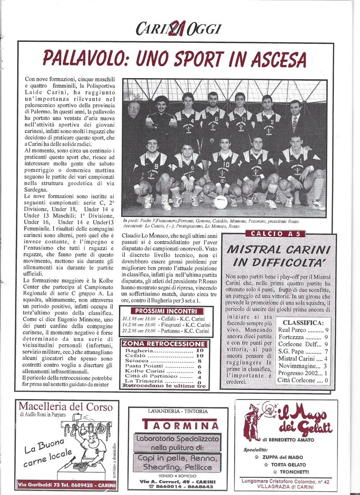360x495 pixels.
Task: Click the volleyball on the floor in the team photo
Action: pyautogui.click(x=220, y=202)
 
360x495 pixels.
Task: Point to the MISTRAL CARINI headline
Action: pyautogui.click(x=279, y=250)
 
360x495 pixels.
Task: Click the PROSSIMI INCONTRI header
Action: pyautogui.click(x=163, y=311)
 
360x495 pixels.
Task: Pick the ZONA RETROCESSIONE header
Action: pyautogui.click(x=164, y=344)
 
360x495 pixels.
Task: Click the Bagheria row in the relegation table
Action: pyautogui.click(x=164, y=350)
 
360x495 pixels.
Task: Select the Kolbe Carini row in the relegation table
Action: pyautogui.click(x=164, y=372)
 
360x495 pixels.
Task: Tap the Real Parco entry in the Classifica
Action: pyautogui.click(x=303, y=330)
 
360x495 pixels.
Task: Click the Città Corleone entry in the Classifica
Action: pyautogui.click(x=303, y=380)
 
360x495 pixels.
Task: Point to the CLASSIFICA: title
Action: pyautogui.click(x=303, y=323)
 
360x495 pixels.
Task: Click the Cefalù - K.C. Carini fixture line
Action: pyautogui.click(x=164, y=318)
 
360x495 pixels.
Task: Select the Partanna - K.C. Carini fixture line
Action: pyautogui.click(x=164, y=331)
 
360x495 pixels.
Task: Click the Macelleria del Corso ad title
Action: pyautogui.click(x=67, y=407)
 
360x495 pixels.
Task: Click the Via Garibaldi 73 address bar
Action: pyautogui.click(x=67, y=485)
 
